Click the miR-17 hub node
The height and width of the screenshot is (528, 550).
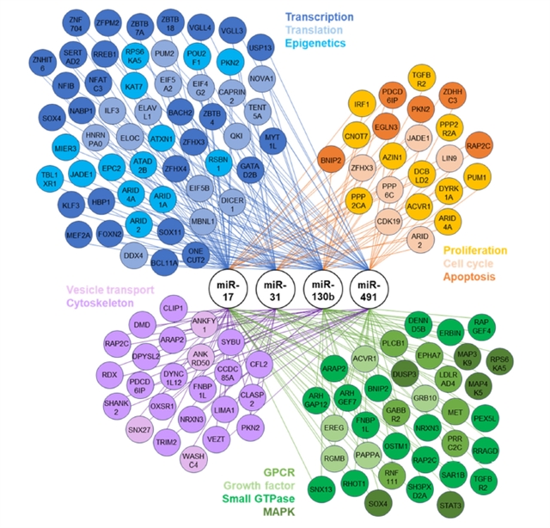click(x=228, y=285)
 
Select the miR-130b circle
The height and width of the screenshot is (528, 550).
click(x=323, y=285)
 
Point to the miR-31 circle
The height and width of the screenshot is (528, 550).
click(x=276, y=285)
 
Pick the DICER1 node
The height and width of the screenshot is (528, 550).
click(x=232, y=206)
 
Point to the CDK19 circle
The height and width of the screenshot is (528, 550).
click(x=390, y=220)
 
